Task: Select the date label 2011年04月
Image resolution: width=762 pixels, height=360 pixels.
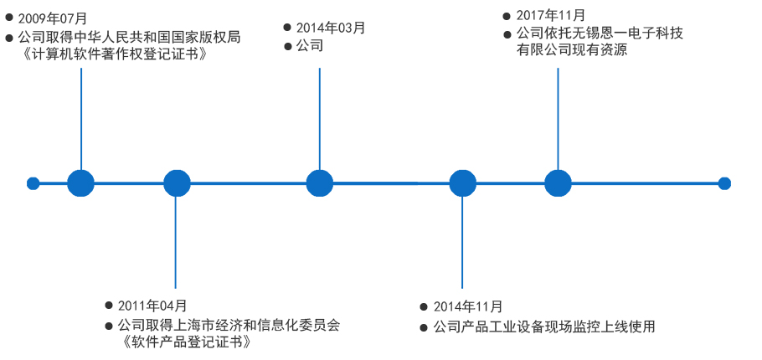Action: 152,306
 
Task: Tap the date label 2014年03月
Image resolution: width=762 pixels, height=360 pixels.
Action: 331,28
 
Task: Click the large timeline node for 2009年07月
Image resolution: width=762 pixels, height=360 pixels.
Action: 80,183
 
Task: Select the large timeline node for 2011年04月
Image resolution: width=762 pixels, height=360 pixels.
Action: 177,183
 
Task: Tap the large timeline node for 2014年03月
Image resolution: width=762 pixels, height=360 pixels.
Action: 319,183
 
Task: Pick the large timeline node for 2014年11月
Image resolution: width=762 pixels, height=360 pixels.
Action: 462,183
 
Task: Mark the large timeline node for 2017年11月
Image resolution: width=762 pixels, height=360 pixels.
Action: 558,183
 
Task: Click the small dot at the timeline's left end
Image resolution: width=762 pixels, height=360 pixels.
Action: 33,183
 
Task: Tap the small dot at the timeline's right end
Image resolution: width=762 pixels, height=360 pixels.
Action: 724,183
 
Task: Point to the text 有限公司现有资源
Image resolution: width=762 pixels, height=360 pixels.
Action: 571,50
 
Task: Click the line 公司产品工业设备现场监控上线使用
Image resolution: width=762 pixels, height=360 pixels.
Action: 543,327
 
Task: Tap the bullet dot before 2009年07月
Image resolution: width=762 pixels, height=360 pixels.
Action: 9,17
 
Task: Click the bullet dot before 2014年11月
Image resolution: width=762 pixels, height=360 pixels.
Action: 425,307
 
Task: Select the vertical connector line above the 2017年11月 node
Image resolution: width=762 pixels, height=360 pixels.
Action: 558,117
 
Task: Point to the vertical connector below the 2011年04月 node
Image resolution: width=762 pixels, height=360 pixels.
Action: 176,243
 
